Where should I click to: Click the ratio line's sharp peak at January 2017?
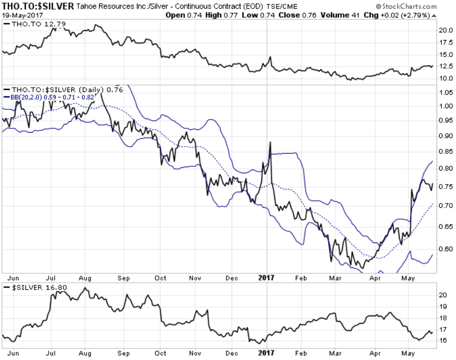[x=269, y=142]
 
